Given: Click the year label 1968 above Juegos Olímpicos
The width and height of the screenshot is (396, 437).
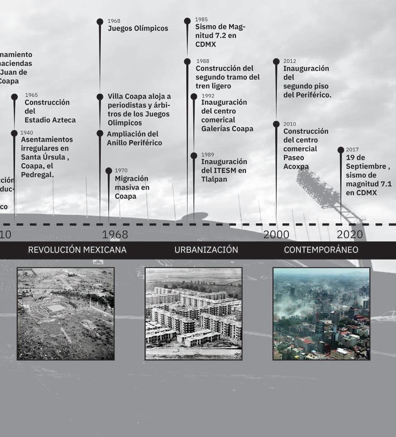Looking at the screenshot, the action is click(114, 21).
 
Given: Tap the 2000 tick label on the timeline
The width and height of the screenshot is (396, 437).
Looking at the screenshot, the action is click(276, 234).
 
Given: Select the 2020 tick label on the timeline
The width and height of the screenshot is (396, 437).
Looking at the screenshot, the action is click(350, 234).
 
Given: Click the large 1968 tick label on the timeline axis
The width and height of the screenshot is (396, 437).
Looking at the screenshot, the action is click(115, 234).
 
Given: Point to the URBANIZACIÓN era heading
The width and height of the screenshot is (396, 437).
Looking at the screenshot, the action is click(206, 250).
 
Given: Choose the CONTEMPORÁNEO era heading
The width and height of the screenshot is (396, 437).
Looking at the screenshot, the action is click(321, 250).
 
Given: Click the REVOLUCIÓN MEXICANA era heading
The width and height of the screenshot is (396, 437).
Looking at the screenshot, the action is click(77, 250).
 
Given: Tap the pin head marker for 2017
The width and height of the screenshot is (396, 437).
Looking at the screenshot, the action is click(341, 150).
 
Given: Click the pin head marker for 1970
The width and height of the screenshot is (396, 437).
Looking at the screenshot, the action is click(108, 171).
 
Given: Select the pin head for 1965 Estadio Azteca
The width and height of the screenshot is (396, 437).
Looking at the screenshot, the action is click(15, 97).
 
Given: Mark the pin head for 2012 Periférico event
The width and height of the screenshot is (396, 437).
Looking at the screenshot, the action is click(276, 61).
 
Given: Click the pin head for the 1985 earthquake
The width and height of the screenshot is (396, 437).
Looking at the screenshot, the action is click(187, 21).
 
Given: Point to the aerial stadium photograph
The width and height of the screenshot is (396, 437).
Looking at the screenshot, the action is click(66, 314).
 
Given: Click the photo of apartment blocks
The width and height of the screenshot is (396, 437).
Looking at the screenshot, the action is click(194, 314).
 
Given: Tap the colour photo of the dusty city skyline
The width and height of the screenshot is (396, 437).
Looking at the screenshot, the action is click(321, 314).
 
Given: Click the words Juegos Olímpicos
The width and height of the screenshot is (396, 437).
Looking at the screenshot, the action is click(138, 29).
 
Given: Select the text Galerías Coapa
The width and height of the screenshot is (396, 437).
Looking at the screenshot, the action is click(227, 129).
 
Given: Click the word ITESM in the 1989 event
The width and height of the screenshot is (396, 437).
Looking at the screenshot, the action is click(223, 171).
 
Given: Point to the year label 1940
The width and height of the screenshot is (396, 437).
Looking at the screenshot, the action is click(27, 133).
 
